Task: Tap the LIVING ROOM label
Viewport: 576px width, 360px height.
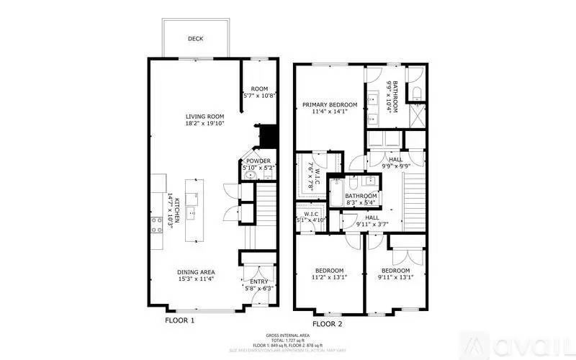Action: coord(205,116)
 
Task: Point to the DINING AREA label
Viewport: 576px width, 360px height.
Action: coord(196,272)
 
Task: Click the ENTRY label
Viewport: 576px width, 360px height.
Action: coord(258,282)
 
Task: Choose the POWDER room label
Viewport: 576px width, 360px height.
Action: coord(258,161)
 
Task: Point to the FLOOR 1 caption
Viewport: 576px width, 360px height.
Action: coord(180,320)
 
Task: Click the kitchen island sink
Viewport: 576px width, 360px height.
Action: coord(192,211)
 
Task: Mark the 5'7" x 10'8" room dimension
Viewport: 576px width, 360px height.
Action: coord(260,96)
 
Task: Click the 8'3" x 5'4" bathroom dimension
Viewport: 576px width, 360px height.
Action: coord(361,203)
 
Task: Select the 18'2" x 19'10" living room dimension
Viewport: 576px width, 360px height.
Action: coord(205,123)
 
